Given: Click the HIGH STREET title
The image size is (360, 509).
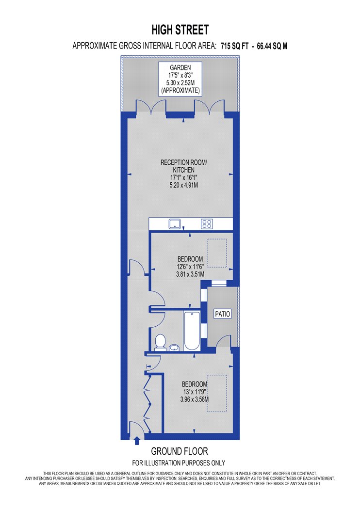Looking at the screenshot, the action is click(180, 30).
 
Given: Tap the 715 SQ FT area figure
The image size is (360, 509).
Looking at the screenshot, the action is click(235, 46).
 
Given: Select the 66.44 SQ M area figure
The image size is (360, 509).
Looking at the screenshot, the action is click(272, 46).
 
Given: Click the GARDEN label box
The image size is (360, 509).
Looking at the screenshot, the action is click(180, 79).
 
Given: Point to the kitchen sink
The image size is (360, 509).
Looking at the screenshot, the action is click(175, 223).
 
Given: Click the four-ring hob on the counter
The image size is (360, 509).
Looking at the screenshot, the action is click(207, 223).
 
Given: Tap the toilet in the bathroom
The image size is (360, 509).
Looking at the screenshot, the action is click(160, 342).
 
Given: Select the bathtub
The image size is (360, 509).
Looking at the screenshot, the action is click(192, 331).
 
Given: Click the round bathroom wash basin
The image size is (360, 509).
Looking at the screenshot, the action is click(175, 348).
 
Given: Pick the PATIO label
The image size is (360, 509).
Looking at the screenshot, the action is click(223, 314).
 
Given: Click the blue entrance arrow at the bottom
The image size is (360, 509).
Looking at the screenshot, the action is click(137, 441).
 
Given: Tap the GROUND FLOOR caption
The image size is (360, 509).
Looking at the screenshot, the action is click(180, 451).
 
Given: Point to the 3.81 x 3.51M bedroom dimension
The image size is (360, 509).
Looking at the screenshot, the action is click(190, 274).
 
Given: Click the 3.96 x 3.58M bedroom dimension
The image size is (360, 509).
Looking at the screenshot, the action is click(195, 399).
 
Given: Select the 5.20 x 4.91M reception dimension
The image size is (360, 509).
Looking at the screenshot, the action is click(184, 185).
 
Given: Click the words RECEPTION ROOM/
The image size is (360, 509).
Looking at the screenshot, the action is click(183, 162).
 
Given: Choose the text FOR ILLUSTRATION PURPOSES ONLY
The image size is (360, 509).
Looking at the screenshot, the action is click(179, 463).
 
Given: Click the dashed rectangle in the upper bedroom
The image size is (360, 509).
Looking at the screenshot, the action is click(217, 253).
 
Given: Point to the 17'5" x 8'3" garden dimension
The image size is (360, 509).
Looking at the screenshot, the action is click(180, 75).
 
